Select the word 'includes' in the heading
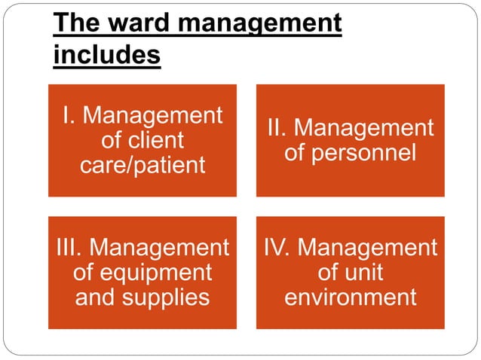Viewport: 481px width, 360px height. [107, 55]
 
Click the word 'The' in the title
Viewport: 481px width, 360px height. [75, 24]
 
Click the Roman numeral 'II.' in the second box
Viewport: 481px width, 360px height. [279, 128]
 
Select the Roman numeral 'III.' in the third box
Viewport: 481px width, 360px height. [70, 248]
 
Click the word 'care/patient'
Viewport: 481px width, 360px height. [142, 165]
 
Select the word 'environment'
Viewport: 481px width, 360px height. [350, 296]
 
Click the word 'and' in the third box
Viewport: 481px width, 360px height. [96, 296]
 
